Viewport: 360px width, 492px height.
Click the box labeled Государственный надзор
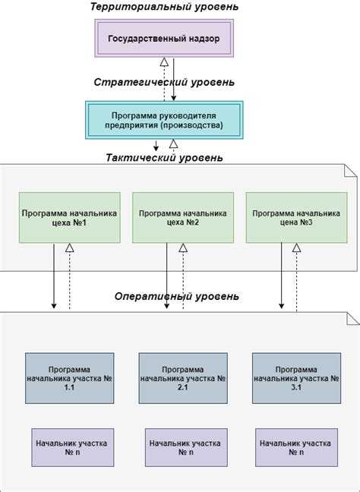(x=164, y=39)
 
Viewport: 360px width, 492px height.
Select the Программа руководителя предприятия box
(x=164, y=120)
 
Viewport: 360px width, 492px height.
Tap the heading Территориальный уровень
(x=164, y=7)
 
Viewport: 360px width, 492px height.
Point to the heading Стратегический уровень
(x=164, y=82)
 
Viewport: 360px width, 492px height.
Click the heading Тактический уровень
(x=164, y=158)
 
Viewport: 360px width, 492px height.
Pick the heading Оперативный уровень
(x=176, y=296)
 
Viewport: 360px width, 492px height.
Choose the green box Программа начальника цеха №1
(x=70, y=218)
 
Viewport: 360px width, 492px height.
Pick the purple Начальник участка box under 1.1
(x=71, y=446)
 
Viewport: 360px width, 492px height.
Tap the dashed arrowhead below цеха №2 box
(x=182, y=248)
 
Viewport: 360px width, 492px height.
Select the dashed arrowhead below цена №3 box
(x=297, y=248)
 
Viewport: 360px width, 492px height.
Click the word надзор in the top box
(x=201, y=39)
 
